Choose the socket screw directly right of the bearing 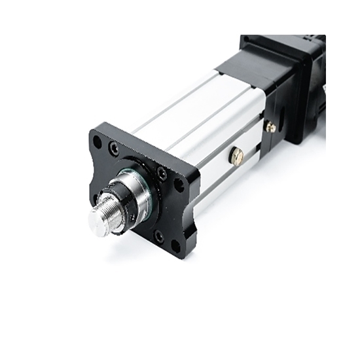(161, 173)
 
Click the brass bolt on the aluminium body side (237, 156)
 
